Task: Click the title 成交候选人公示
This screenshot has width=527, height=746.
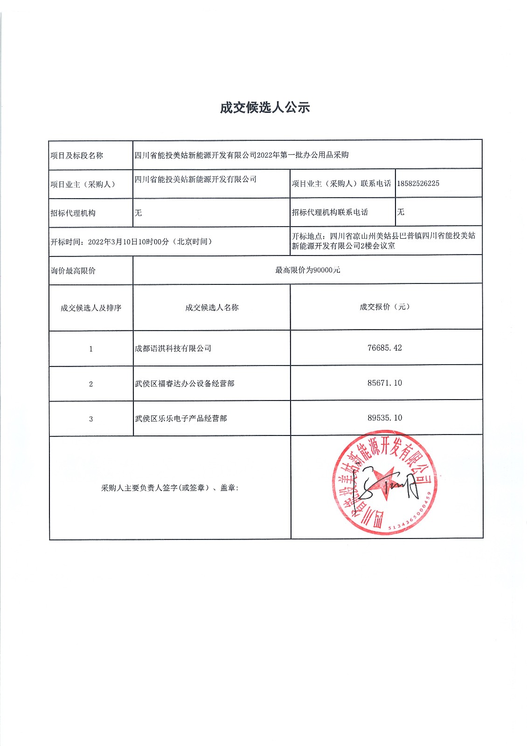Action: (265, 108)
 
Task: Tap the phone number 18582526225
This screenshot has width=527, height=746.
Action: (418, 183)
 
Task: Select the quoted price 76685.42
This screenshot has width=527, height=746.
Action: (384, 348)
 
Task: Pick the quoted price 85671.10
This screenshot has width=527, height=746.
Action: (384, 383)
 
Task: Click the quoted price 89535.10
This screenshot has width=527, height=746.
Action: (384, 418)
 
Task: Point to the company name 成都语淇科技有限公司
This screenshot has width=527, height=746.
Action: (173, 348)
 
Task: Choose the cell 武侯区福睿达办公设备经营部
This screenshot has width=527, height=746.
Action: (185, 383)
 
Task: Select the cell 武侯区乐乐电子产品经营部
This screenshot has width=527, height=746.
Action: (181, 418)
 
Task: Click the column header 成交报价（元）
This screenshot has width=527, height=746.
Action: (384, 307)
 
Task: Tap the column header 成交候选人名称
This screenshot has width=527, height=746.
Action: (212, 307)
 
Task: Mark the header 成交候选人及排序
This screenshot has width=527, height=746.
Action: (91, 308)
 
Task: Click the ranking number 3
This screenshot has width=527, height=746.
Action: (91, 419)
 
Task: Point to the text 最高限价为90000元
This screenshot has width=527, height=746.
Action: (307, 270)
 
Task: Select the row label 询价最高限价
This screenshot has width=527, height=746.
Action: (73, 270)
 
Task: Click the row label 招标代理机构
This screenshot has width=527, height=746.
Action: (73, 213)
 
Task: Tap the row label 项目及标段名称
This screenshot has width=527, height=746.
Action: (77, 155)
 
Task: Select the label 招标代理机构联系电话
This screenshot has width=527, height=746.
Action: (330, 212)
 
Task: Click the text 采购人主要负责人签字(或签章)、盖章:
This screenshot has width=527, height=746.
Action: (170, 488)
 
